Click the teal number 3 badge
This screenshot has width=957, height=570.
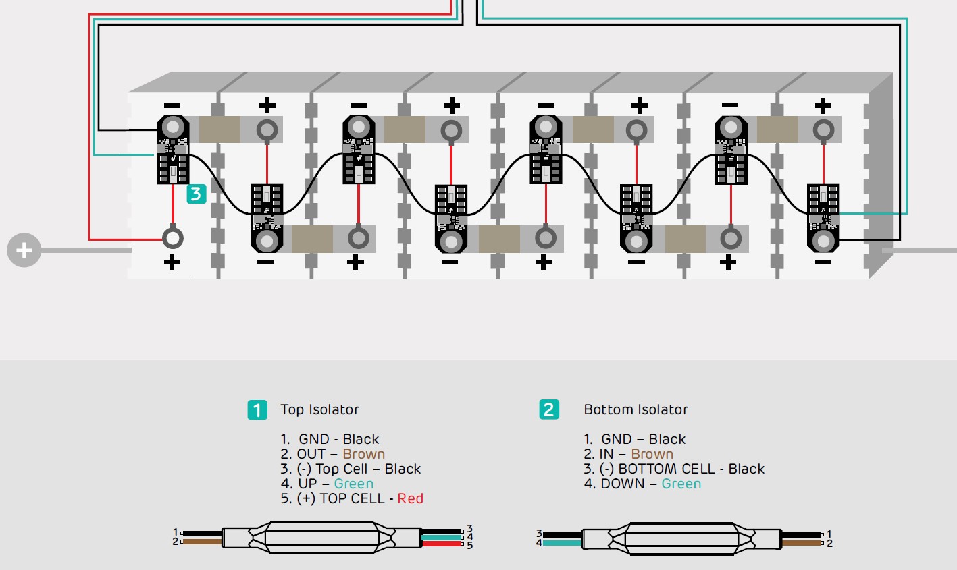196,194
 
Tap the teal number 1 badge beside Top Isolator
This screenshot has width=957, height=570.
257,409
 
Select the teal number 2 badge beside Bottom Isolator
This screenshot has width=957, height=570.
549,409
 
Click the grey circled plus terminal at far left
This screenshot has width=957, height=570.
24,250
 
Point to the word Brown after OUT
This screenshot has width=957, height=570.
363,454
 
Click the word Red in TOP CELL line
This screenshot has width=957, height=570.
411,498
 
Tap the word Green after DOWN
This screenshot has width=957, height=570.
681,484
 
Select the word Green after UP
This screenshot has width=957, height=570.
353,484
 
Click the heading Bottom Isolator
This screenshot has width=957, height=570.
636,409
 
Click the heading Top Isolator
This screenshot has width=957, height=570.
319,409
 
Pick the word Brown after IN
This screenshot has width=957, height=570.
652,454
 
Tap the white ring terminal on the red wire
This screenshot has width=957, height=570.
173,238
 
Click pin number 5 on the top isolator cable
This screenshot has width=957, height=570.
470,545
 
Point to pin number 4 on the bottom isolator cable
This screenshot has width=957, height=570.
539,542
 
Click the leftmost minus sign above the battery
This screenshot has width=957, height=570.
172,105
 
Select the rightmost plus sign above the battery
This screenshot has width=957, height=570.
823,105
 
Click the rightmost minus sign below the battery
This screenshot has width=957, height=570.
823,262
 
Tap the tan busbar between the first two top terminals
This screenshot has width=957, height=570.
220,129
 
